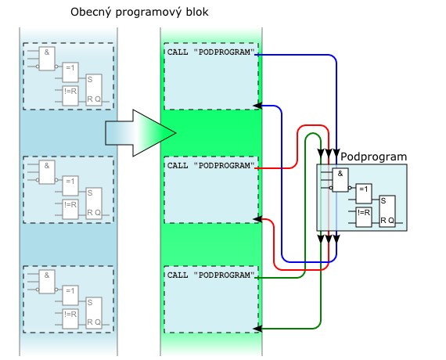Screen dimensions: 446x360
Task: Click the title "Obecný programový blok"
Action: coord(139,13)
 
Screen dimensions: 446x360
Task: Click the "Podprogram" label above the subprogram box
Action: coord(373,157)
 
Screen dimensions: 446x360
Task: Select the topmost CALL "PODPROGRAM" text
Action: coord(210,52)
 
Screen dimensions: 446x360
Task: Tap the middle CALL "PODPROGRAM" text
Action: coord(210,165)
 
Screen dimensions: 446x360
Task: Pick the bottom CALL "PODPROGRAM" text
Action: coord(210,275)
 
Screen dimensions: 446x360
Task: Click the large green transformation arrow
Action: coord(141,133)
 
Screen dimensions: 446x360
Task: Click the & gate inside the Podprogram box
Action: coord(340,180)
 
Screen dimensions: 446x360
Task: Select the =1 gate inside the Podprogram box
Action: coord(364,193)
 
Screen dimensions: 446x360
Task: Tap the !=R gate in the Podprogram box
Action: coord(364,217)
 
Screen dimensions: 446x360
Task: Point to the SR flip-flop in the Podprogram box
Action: coord(387,211)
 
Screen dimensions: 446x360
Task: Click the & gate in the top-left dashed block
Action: coord(47,59)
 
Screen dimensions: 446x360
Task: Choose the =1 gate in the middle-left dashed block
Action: coord(70,185)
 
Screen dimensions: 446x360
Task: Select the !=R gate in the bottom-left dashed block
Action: coord(70,319)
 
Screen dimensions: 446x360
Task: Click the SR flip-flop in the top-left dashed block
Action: coord(94,90)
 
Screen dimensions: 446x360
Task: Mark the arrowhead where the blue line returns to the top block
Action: coord(257,106)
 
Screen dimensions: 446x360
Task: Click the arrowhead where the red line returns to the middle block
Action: coord(257,219)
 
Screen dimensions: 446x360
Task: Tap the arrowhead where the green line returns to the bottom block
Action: coord(257,329)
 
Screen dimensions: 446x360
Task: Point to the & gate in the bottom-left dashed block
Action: coord(47,282)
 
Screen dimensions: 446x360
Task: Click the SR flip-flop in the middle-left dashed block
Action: coord(94,203)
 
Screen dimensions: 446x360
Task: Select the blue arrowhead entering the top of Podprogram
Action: coord(336,153)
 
